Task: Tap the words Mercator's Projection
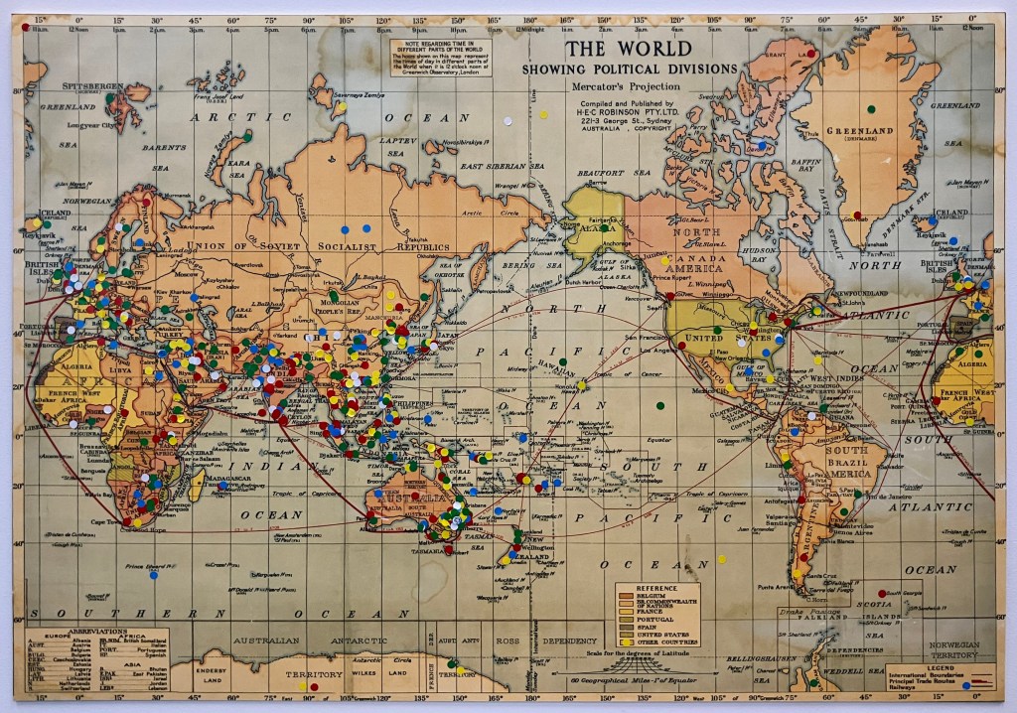click(x=619, y=87)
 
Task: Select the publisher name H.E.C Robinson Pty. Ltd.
click(x=618, y=111)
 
